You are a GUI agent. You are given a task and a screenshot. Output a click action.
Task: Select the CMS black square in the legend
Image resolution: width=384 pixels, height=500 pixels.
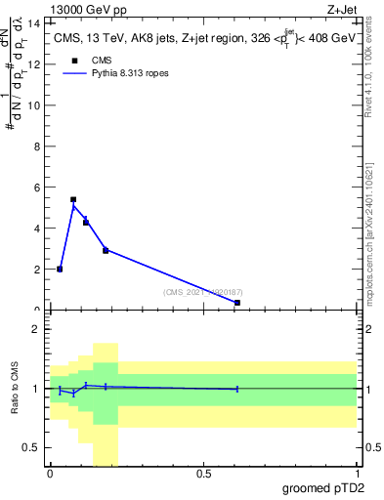(73, 60)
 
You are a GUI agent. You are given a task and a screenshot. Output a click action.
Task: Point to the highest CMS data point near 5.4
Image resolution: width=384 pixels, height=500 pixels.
(73, 199)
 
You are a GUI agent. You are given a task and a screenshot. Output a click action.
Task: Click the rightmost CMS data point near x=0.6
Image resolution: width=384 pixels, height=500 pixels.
(237, 303)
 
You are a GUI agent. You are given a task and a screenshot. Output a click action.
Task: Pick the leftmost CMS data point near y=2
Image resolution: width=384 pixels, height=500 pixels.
(60, 269)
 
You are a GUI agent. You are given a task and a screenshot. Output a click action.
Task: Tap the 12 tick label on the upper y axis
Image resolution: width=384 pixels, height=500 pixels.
(37, 64)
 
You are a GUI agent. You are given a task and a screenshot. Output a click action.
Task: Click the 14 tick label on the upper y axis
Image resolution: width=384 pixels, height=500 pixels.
(37, 23)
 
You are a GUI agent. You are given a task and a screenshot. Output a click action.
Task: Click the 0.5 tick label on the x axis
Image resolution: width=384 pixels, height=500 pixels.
(203, 474)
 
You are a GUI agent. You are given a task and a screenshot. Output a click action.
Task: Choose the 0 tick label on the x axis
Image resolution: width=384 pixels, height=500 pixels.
(50, 474)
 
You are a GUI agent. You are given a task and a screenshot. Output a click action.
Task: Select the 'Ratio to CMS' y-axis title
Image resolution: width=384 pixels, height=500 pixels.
(16, 389)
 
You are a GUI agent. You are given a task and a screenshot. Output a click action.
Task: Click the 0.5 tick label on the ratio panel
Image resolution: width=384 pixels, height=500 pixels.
(32, 447)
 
